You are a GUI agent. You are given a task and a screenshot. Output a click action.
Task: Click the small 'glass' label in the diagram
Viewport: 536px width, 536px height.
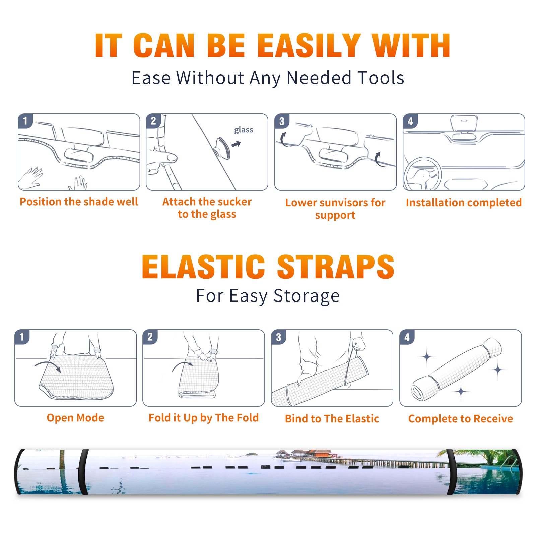[x=244, y=130]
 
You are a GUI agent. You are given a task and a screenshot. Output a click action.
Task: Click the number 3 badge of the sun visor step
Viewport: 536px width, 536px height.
[x=282, y=121]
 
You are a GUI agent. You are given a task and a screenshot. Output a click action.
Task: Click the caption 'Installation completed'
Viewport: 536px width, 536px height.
[x=464, y=202]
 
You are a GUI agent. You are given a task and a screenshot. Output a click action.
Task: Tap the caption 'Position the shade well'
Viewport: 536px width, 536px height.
[x=79, y=202]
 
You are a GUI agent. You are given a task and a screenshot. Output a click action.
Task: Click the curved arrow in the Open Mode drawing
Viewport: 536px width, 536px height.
[x=48, y=366]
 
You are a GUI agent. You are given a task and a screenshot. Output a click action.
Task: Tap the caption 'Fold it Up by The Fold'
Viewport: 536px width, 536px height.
[x=204, y=418]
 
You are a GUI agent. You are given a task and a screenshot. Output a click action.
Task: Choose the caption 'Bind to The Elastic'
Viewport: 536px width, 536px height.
[x=332, y=419]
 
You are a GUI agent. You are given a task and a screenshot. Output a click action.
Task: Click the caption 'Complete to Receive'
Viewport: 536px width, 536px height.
[x=461, y=419]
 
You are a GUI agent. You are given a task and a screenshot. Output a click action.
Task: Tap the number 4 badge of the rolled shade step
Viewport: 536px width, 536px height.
[x=407, y=337]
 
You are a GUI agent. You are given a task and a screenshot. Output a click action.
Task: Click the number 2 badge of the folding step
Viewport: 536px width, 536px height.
[x=150, y=337]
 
